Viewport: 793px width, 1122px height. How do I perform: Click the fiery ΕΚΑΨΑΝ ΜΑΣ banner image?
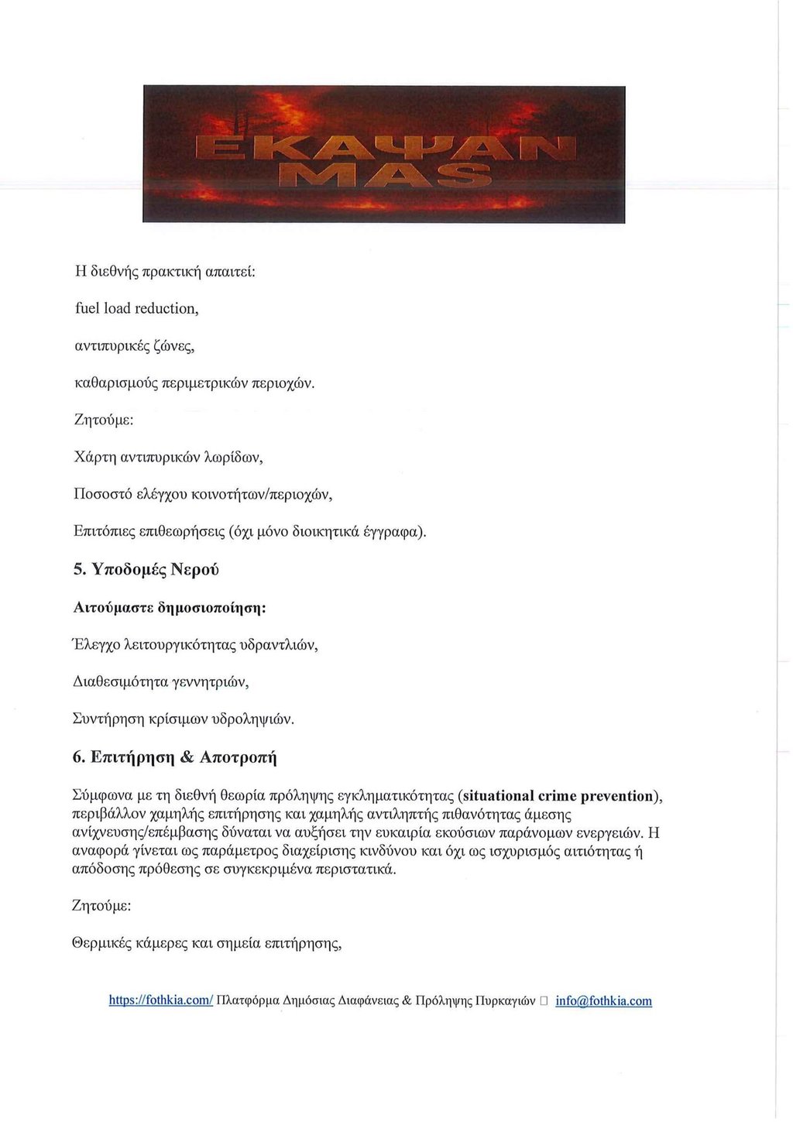384,155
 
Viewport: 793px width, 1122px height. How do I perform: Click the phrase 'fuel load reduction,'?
136,309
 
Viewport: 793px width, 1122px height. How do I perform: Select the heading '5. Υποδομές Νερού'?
146,569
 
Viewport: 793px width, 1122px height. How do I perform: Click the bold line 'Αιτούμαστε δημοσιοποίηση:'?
169,608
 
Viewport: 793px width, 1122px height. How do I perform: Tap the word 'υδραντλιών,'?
280,645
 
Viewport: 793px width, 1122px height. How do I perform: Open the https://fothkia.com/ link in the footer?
160,1001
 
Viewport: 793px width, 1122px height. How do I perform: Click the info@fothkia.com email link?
603,1001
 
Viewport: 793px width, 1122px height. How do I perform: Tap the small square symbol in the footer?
544,1001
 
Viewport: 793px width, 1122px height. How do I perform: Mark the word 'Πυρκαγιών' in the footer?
505,1001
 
